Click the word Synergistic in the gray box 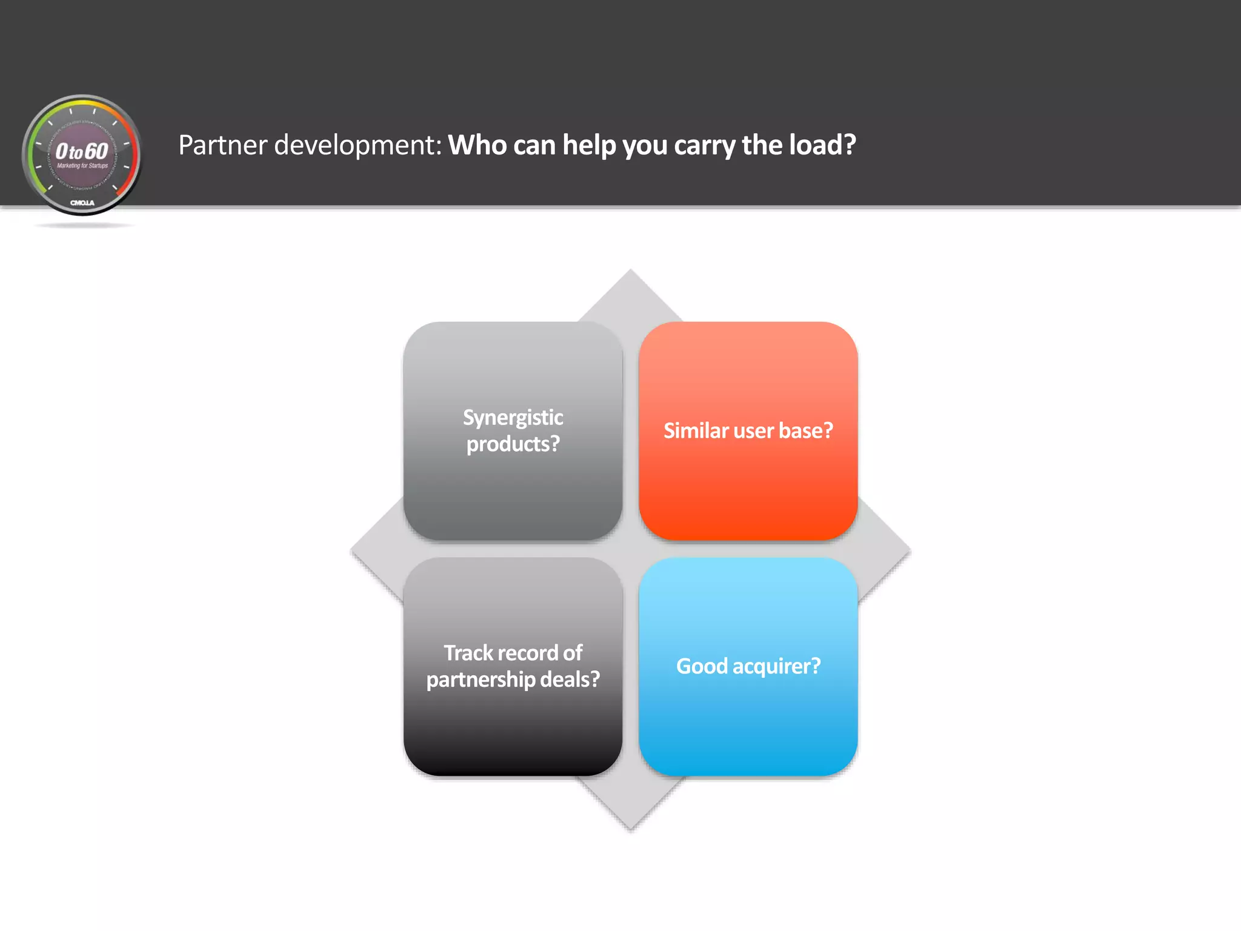click(513, 417)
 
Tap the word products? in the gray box click(513, 444)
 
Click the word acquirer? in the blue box click(776, 666)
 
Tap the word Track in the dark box click(468, 653)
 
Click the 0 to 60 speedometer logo click(82, 155)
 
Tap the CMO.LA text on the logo click(82, 202)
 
